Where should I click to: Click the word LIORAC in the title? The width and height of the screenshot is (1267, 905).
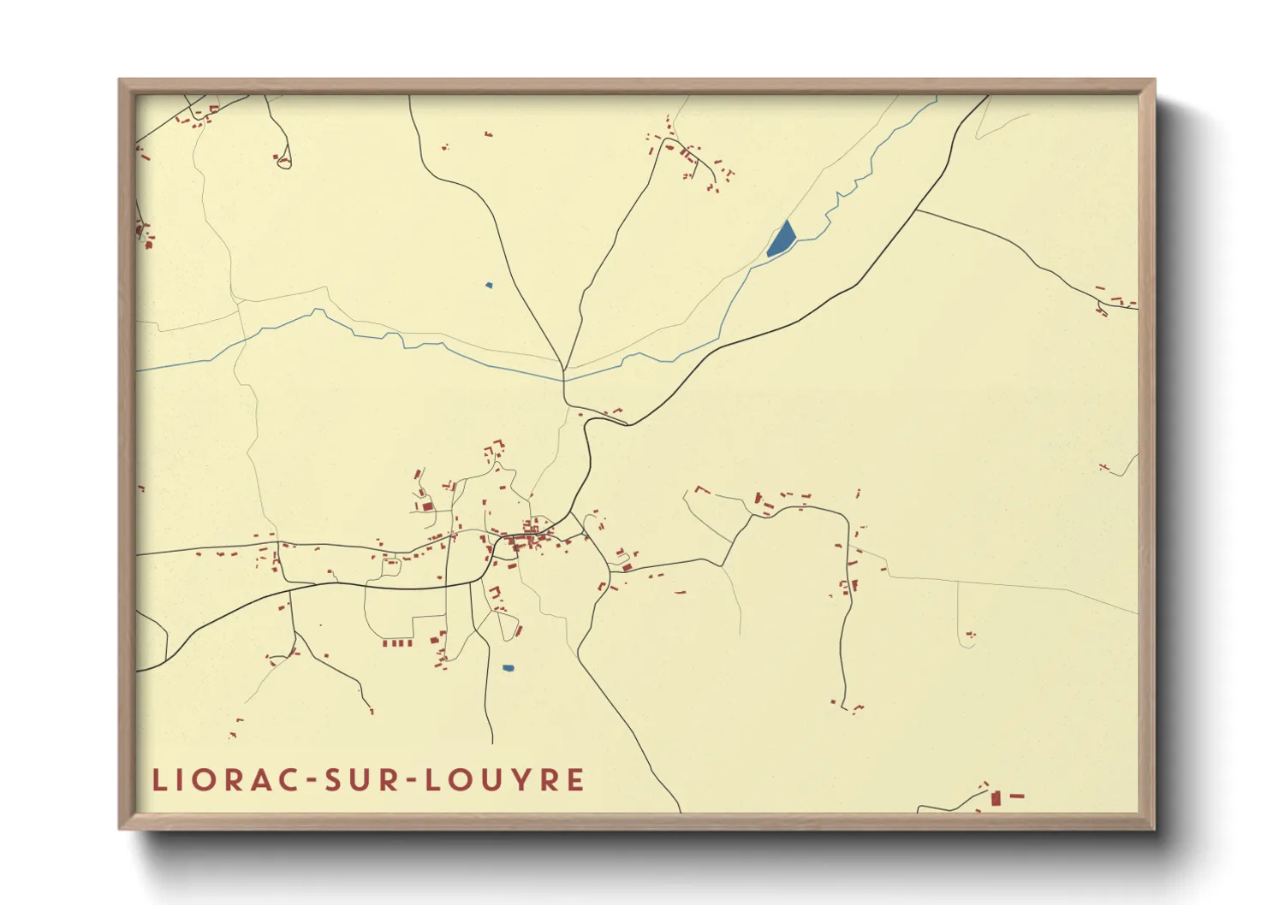click(223, 780)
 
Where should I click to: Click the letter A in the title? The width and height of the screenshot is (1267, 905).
click(260, 780)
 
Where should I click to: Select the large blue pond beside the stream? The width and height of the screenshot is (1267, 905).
click(781, 239)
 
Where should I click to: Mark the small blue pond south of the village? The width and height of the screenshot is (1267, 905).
click(508, 668)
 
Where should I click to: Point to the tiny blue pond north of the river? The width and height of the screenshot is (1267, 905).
click(489, 285)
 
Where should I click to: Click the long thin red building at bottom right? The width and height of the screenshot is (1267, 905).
click(1017, 796)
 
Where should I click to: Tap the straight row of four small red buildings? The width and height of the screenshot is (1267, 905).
click(397, 642)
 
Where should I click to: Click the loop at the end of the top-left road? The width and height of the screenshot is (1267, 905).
click(285, 162)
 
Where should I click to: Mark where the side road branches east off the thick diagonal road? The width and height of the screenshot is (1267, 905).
click(916, 209)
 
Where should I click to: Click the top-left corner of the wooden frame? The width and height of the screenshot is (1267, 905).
click(120, 80)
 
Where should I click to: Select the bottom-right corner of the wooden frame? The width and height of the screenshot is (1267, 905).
click(1154, 828)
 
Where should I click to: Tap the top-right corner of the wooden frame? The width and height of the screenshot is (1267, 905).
click(1154, 80)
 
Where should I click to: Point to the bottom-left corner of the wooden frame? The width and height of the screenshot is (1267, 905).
click(120, 828)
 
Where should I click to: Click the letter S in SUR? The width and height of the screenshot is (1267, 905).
click(334, 780)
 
